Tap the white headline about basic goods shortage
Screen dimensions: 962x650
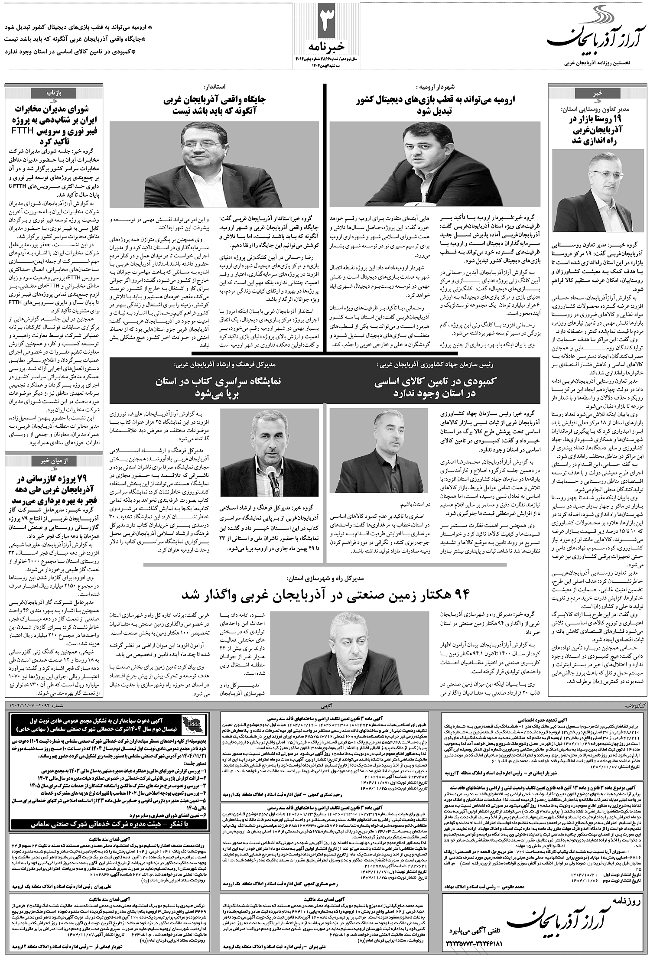435,387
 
